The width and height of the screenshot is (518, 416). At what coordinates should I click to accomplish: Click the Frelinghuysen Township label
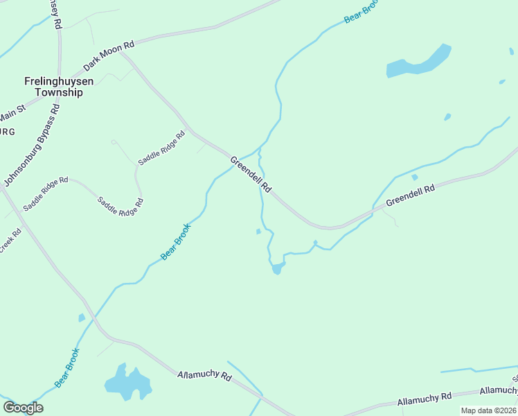point(48,87)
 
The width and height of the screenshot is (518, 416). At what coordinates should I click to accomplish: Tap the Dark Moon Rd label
point(108,56)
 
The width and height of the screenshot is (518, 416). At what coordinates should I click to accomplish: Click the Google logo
point(23,408)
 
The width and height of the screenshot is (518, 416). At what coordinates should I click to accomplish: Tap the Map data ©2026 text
point(488,410)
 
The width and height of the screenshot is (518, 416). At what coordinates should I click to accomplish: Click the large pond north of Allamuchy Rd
point(127,382)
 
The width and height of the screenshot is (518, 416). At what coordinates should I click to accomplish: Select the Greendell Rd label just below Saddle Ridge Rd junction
point(251,175)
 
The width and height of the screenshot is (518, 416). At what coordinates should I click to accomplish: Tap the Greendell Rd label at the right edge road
point(410,194)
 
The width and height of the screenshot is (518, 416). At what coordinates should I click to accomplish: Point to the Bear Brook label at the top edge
point(358,13)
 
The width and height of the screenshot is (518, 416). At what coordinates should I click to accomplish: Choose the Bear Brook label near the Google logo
point(68,367)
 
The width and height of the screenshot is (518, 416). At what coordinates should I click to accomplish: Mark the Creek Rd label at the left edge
point(10,240)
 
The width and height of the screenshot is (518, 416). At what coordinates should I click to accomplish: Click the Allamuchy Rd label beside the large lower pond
point(204,375)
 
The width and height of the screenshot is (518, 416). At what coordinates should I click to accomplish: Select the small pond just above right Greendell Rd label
point(414,177)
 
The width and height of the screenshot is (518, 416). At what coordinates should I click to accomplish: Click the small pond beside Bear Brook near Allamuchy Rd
point(82,318)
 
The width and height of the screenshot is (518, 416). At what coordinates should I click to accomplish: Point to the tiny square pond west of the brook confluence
point(258,232)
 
